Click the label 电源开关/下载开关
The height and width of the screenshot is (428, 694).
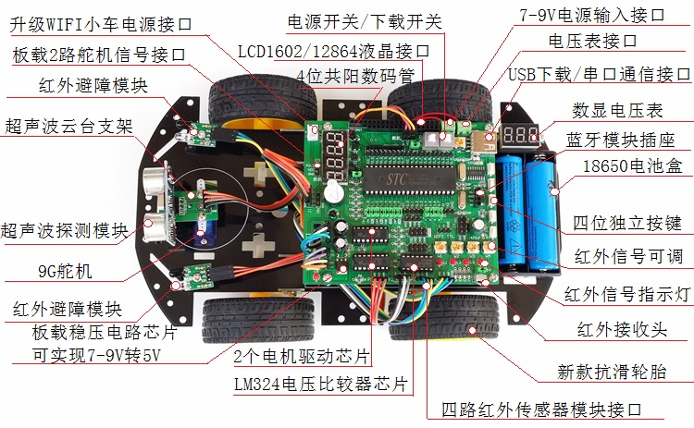(365, 21)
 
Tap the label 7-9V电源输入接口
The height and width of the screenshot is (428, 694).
(592, 15)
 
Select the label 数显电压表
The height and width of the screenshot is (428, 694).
(617, 111)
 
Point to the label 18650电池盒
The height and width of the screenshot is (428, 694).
(633, 165)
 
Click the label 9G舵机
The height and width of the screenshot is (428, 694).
(65, 271)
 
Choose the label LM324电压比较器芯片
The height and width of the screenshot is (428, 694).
(320, 384)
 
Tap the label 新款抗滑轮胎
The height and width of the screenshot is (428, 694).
(612, 372)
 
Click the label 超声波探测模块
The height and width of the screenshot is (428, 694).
(64, 230)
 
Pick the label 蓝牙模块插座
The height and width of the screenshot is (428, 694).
(620, 141)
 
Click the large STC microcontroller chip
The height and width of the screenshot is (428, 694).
(409, 179)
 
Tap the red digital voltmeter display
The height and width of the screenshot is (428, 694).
(520, 135)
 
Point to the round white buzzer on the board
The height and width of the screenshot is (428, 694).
(333, 193)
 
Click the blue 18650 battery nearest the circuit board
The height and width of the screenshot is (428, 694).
(510, 212)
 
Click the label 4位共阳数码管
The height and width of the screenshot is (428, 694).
(355, 76)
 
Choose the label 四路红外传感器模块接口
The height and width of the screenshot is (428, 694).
(541, 410)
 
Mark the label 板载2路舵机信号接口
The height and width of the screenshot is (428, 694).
(99, 55)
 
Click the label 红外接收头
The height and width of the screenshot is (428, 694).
(622, 330)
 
